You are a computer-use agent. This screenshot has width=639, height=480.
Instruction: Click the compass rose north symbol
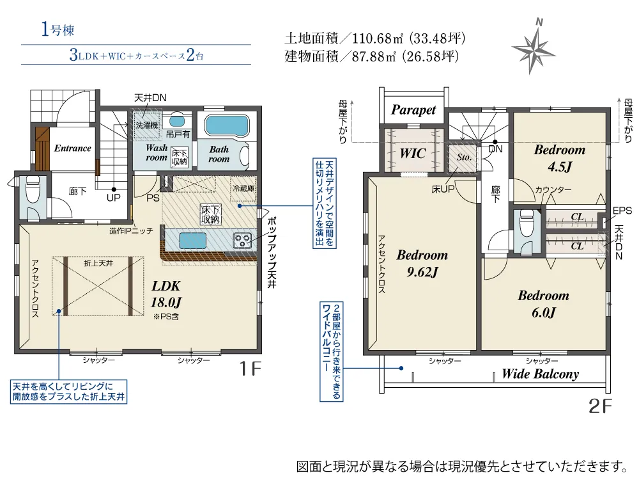coord(533,47)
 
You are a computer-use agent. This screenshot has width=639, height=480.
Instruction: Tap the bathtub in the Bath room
coord(227,125)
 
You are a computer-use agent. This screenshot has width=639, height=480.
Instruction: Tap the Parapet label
coord(413,110)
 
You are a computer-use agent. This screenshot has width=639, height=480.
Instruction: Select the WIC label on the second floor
coord(412,154)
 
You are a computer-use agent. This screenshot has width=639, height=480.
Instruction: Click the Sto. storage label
coord(464,157)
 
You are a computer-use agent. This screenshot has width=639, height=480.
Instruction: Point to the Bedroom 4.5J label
coord(560,158)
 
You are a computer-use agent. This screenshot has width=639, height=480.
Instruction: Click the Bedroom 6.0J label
coord(543,303)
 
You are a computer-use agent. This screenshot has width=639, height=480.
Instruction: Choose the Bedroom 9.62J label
coord(422,263)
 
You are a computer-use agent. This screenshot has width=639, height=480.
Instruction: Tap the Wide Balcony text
coord(540,374)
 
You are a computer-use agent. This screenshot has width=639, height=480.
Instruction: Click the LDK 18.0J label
coord(166,294)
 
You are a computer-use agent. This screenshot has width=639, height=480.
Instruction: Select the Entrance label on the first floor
coord(73,148)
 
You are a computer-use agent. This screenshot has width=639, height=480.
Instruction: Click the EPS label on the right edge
coord(622,211)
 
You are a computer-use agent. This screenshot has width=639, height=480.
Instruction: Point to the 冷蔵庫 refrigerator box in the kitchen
coord(243,189)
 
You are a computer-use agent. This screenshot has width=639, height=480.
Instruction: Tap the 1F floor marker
coord(250,369)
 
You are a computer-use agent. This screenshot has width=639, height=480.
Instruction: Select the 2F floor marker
coord(600,406)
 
